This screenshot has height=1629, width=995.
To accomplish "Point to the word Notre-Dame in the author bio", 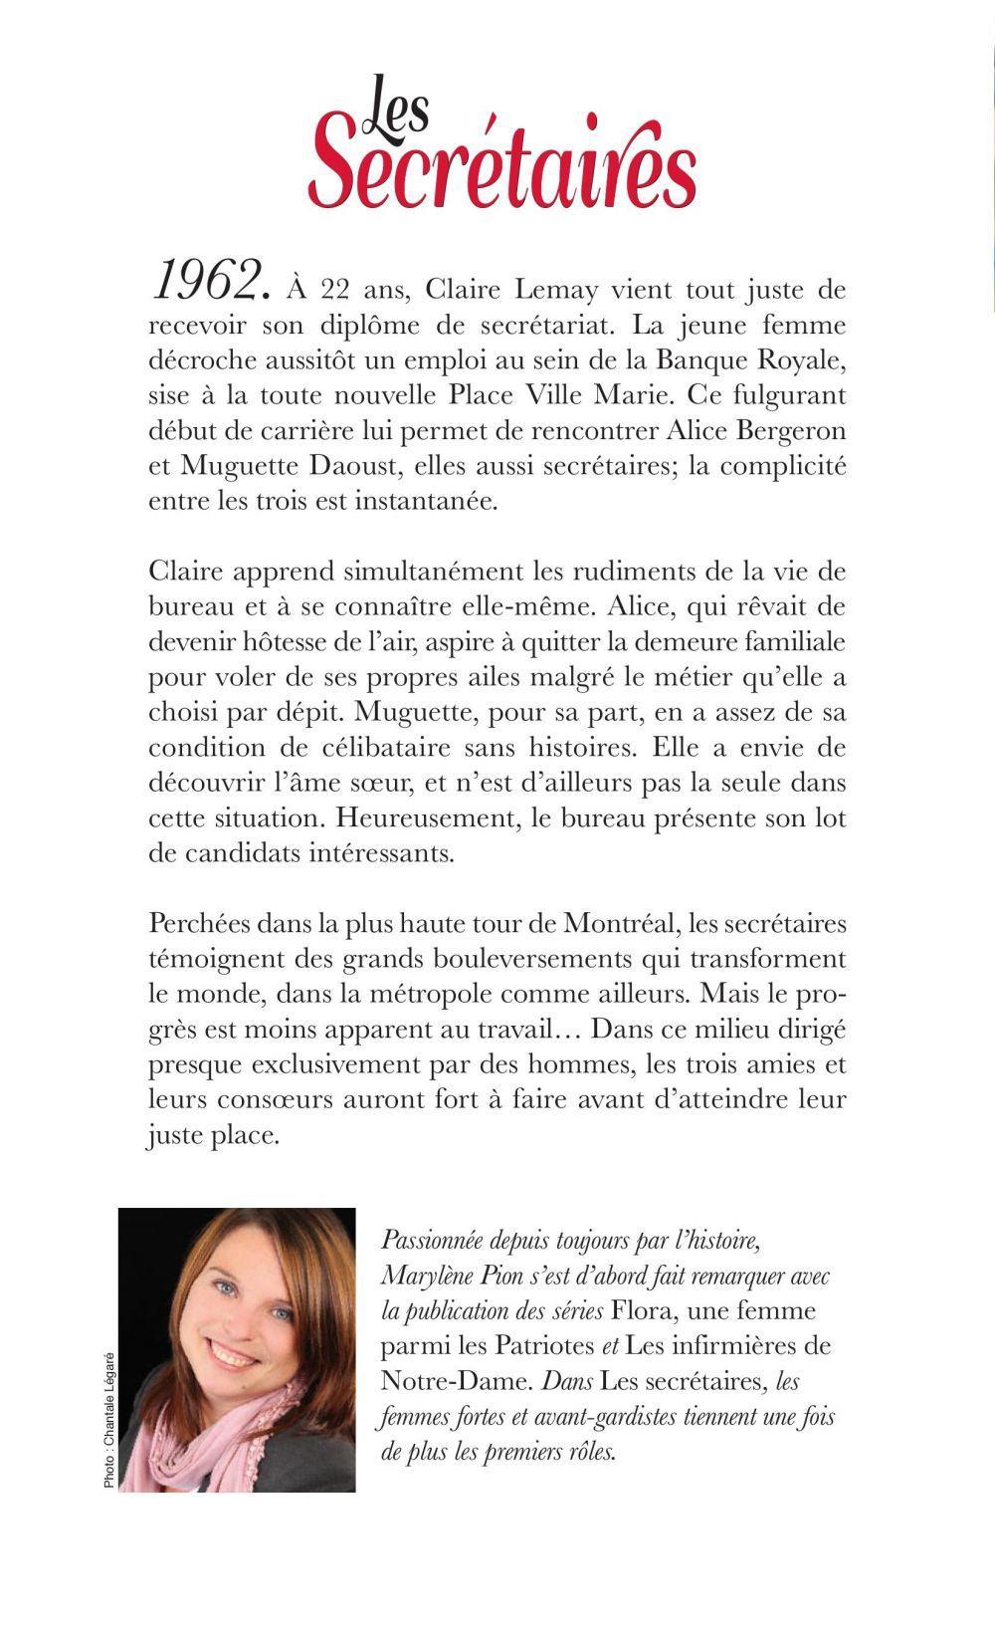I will (445, 1381).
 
